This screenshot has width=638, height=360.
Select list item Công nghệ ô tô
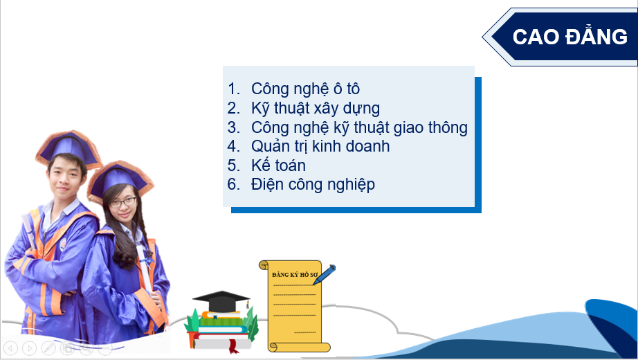point(305,89)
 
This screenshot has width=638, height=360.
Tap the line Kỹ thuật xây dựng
point(316,108)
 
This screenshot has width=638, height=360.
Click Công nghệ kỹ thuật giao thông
point(359,127)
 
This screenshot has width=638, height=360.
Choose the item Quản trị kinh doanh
point(320,146)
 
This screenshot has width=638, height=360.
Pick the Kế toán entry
point(278,165)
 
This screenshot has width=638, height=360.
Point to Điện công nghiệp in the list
point(313,184)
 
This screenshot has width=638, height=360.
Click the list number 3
point(234,127)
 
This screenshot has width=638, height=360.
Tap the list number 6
point(234,184)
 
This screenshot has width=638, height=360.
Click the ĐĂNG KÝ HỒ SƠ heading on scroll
point(295,274)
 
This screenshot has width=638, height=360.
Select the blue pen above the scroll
point(325,274)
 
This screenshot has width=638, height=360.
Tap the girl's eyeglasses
point(122,202)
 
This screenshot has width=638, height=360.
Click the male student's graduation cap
point(69,148)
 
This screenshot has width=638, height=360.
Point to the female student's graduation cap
point(119,179)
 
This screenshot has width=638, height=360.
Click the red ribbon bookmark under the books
point(233,345)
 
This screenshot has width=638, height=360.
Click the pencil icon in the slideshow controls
point(48,348)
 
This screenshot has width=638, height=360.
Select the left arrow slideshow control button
point(11,348)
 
